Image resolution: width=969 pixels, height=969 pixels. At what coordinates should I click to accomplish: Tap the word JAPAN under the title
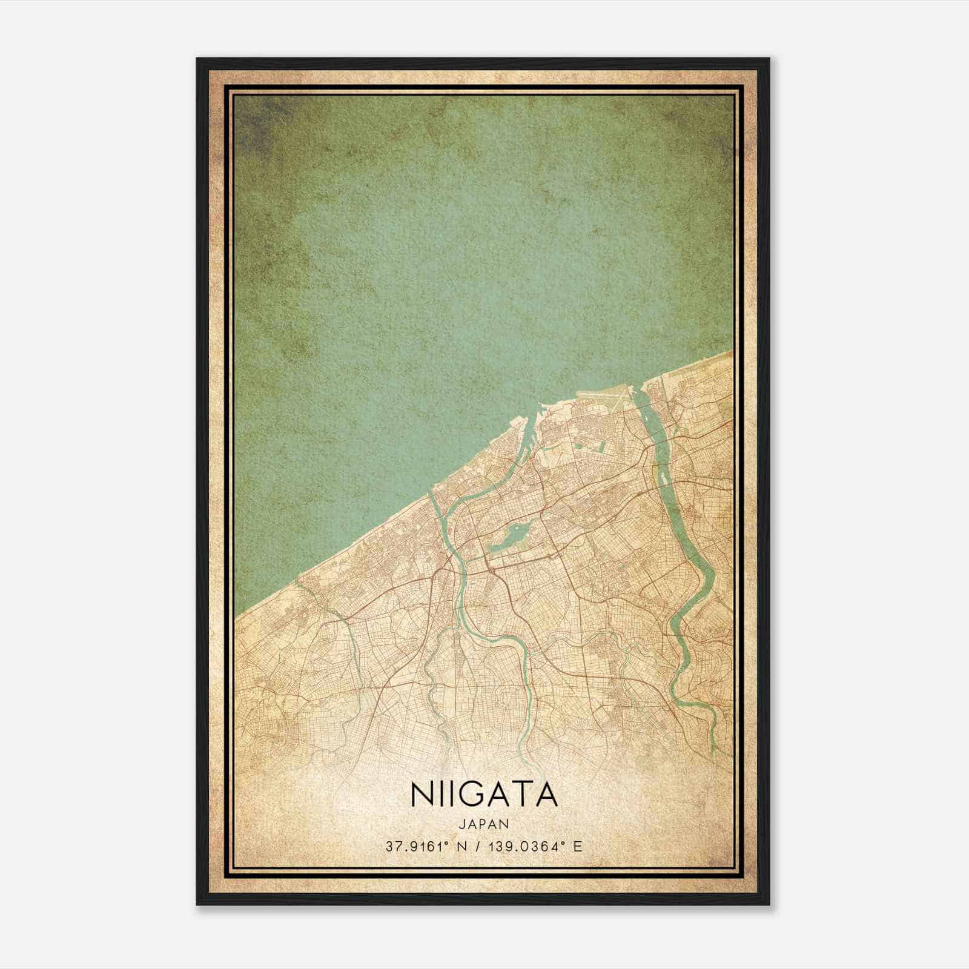[484, 824]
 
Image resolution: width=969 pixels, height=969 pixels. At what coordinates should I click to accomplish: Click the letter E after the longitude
[577, 846]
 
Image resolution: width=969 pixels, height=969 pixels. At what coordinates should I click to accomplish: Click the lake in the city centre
[512, 537]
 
